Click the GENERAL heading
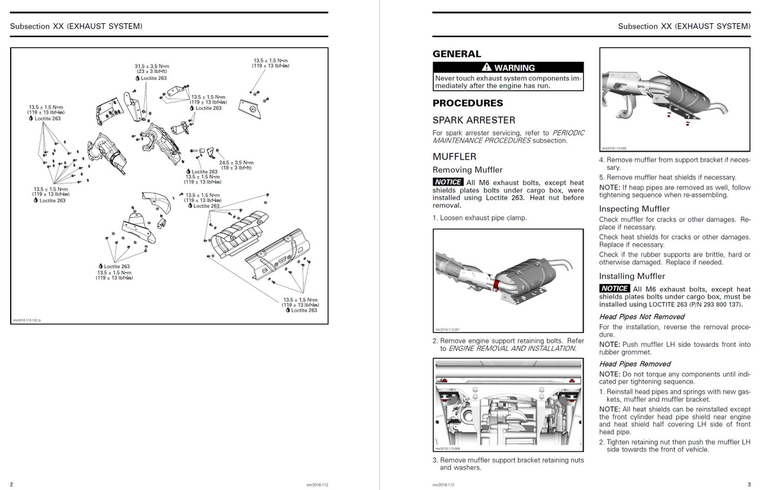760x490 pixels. (457, 54)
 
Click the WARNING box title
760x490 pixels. (508, 68)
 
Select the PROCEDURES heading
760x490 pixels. (468, 103)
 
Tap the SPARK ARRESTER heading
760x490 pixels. (474, 120)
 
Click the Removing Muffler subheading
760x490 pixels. (467, 170)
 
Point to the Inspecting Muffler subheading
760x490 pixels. (634, 209)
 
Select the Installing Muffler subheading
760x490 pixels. (632, 276)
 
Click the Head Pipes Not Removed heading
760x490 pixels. (641, 317)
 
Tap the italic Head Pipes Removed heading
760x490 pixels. (635, 363)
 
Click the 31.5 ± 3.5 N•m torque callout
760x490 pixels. (151, 66)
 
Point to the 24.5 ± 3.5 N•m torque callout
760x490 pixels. (236, 162)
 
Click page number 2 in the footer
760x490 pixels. (11, 484)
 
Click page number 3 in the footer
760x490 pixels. (749, 484)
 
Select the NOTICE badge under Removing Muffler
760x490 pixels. (448, 182)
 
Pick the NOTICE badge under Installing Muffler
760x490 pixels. (614, 289)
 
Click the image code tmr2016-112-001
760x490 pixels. (448, 330)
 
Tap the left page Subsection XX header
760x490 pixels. (76, 26)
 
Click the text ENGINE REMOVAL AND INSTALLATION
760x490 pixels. (512, 349)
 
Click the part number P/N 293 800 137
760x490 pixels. (706, 305)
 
